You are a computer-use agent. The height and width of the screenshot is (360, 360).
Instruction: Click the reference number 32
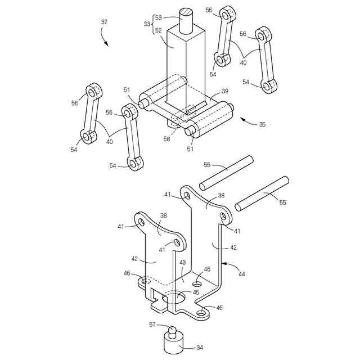(x=104, y=22)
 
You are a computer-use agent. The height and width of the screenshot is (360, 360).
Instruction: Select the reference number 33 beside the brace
(x=147, y=24)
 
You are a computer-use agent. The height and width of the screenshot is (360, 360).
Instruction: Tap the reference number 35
(x=263, y=125)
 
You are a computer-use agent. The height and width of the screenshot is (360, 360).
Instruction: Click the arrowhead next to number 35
(x=242, y=119)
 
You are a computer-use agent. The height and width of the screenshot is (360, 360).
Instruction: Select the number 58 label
(x=166, y=138)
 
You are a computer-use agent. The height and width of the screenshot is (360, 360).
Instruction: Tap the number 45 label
(x=196, y=292)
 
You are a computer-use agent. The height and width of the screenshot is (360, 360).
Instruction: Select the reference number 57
(x=152, y=324)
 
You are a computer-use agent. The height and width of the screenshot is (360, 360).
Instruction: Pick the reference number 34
(x=199, y=347)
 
